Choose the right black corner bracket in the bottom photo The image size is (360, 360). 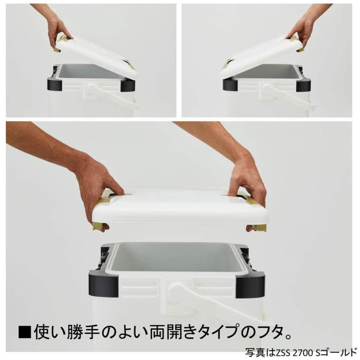pyautogui.click(x=252, y=282)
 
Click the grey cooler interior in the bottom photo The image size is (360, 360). pyautogui.click(x=176, y=256)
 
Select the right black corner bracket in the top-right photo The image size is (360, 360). pyautogui.click(x=303, y=82)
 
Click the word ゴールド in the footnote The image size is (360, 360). pyautogui.click(x=340, y=352)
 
